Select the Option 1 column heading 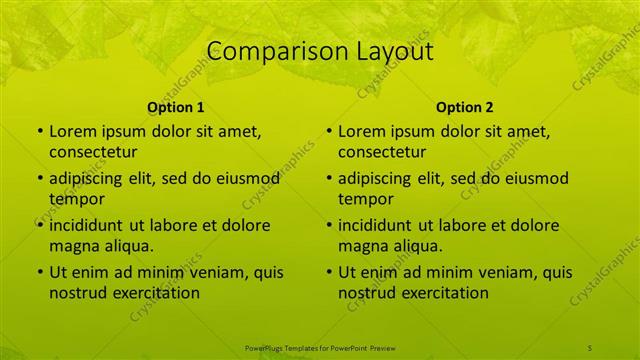point(176,107)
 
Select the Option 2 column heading point(465,107)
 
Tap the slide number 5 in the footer point(590,347)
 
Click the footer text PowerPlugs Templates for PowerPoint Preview point(320,347)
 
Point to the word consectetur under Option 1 point(93,152)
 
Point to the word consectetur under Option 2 point(382,152)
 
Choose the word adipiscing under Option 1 point(89,179)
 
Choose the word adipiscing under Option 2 point(378,179)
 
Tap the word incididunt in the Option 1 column point(89,225)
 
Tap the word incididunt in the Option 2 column point(378,225)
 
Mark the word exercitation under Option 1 point(156,293)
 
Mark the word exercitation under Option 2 point(445,293)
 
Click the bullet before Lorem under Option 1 point(40,131)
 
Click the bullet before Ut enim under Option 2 point(329,272)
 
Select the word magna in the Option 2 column point(363,246)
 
